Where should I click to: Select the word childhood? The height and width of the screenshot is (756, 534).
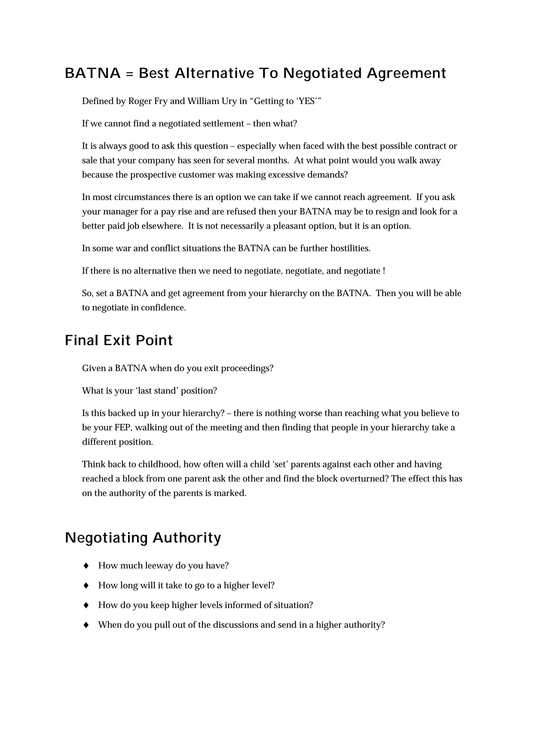[159, 464]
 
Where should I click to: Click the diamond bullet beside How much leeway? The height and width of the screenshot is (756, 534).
[86, 566]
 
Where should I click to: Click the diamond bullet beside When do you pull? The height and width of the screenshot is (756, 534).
[86, 625]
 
